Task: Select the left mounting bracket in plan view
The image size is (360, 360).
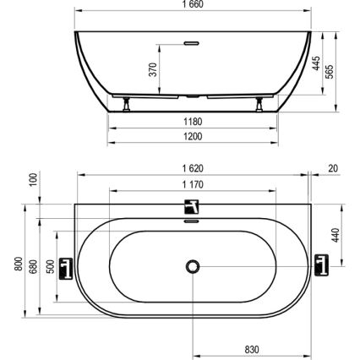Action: tap(68, 265)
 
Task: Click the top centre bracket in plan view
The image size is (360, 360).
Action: tap(194, 208)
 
